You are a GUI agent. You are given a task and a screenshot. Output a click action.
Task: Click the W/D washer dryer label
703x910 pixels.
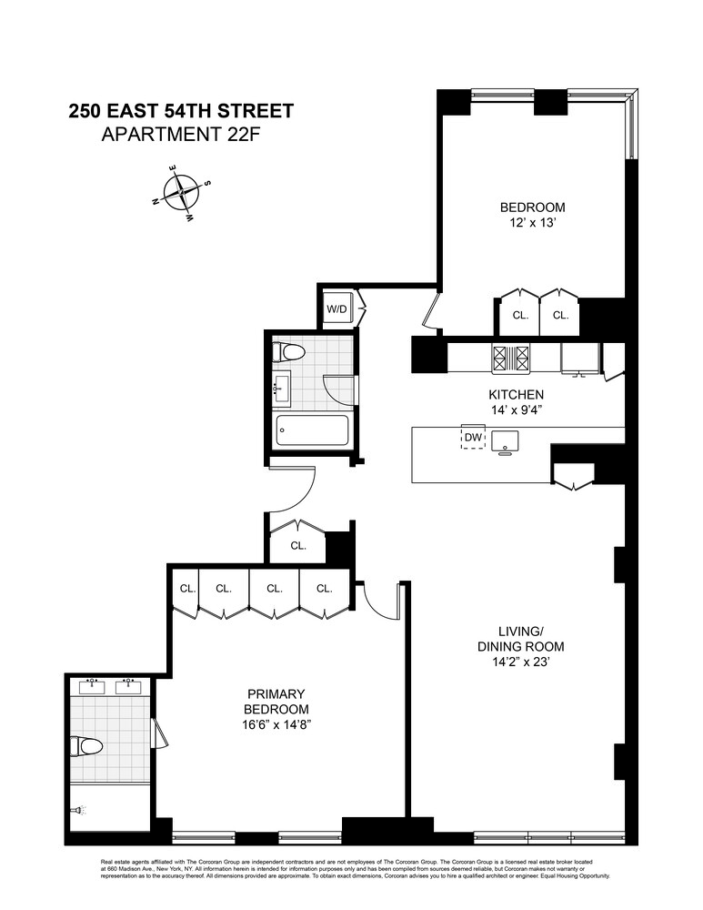[x=336, y=309]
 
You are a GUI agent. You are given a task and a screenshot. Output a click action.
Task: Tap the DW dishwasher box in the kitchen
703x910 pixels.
[x=472, y=438]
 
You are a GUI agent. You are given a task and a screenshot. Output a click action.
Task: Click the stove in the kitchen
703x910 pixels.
[x=510, y=358]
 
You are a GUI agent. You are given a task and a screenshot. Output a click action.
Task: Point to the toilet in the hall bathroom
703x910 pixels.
[x=292, y=352]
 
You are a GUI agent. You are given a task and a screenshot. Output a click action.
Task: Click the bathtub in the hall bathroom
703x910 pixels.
[x=311, y=430]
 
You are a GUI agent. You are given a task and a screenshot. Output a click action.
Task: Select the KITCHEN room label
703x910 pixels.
[x=516, y=395]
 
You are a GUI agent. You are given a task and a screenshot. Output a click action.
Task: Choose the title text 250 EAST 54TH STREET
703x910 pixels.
[x=182, y=111]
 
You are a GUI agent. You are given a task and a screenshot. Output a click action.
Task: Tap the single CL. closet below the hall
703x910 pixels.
[x=297, y=546]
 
